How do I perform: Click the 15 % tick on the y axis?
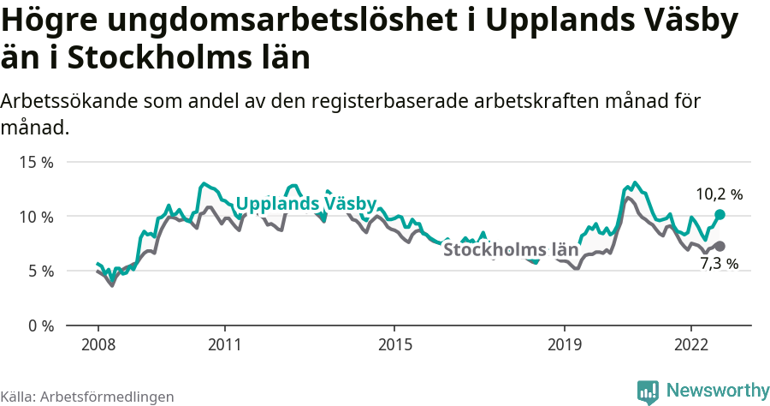pyautogui.click(x=37, y=162)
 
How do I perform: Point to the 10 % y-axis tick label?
pyautogui.click(x=37, y=217)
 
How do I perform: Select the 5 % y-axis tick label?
pyautogui.click(x=40, y=272)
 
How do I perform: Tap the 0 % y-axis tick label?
pyautogui.click(x=40, y=326)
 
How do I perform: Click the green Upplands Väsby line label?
pyautogui.click(x=305, y=204)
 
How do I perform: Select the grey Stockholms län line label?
pyautogui.click(x=511, y=250)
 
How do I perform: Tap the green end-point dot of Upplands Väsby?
pyautogui.click(x=720, y=214)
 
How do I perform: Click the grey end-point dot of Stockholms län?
pyautogui.click(x=720, y=246)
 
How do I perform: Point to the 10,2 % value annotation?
pyautogui.click(x=719, y=194)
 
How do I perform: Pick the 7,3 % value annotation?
pyautogui.click(x=719, y=264)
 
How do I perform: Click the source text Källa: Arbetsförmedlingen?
pyautogui.click(x=87, y=397)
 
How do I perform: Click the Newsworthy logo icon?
pyautogui.click(x=648, y=391)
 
